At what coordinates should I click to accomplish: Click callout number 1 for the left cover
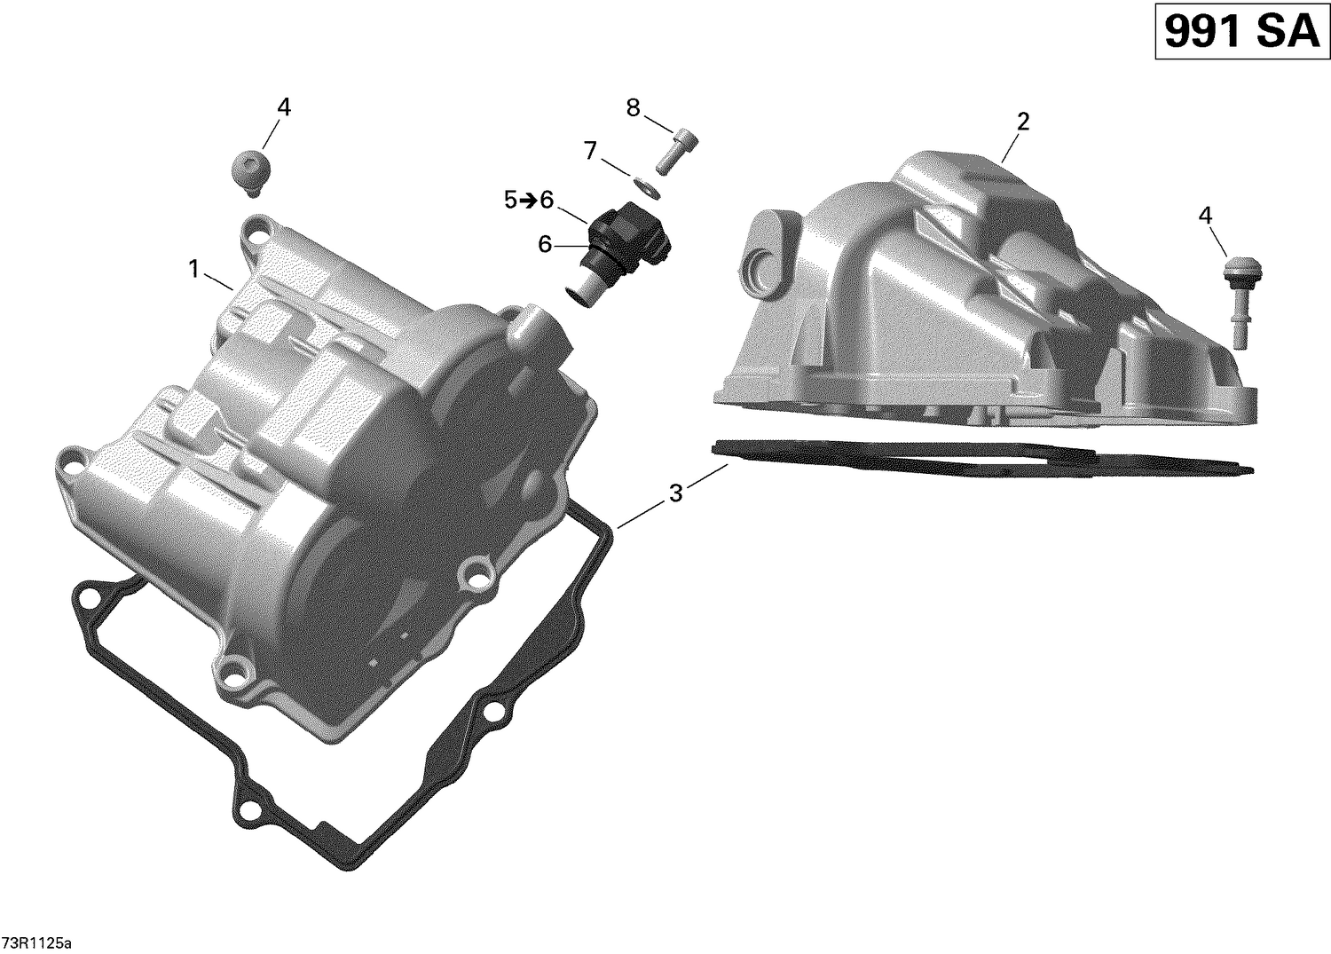tap(193, 269)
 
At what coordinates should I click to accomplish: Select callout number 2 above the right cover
tap(1022, 122)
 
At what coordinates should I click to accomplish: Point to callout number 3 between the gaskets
tap(676, 493)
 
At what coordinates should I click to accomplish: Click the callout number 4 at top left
tap(283, 107)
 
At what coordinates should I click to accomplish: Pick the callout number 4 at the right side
tap(1204, 215)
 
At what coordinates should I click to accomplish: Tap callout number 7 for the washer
tap(590, 151)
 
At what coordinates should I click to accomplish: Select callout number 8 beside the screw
tap(633, 108)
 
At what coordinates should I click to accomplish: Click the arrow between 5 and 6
tap(527, 201)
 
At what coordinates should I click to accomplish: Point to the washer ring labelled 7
tap(649, 187)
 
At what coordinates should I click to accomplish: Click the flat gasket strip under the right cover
tap(976, 460)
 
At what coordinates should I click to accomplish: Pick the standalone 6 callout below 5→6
tap(545, 243)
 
